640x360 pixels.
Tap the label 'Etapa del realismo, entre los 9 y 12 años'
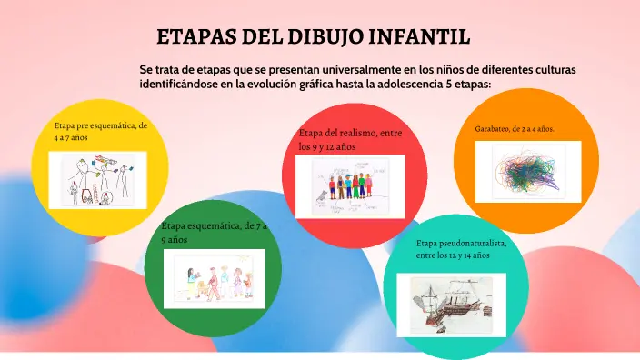pyautogui.click(x=350, y=139)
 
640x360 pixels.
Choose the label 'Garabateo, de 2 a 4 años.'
pyautogui.click(x=515, y=129)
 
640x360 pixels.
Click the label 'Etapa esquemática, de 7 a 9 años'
pyautogui.click(x=214, y=233)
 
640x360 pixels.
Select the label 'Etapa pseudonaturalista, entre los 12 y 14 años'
pyautogui.click(x=461, y=250)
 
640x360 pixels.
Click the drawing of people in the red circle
pyautogui.click(x=350, y=185)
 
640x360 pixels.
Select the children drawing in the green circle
pyautogui.click(x=214, y=277)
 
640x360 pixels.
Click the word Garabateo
pyautogui.click(x=494, y=129)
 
